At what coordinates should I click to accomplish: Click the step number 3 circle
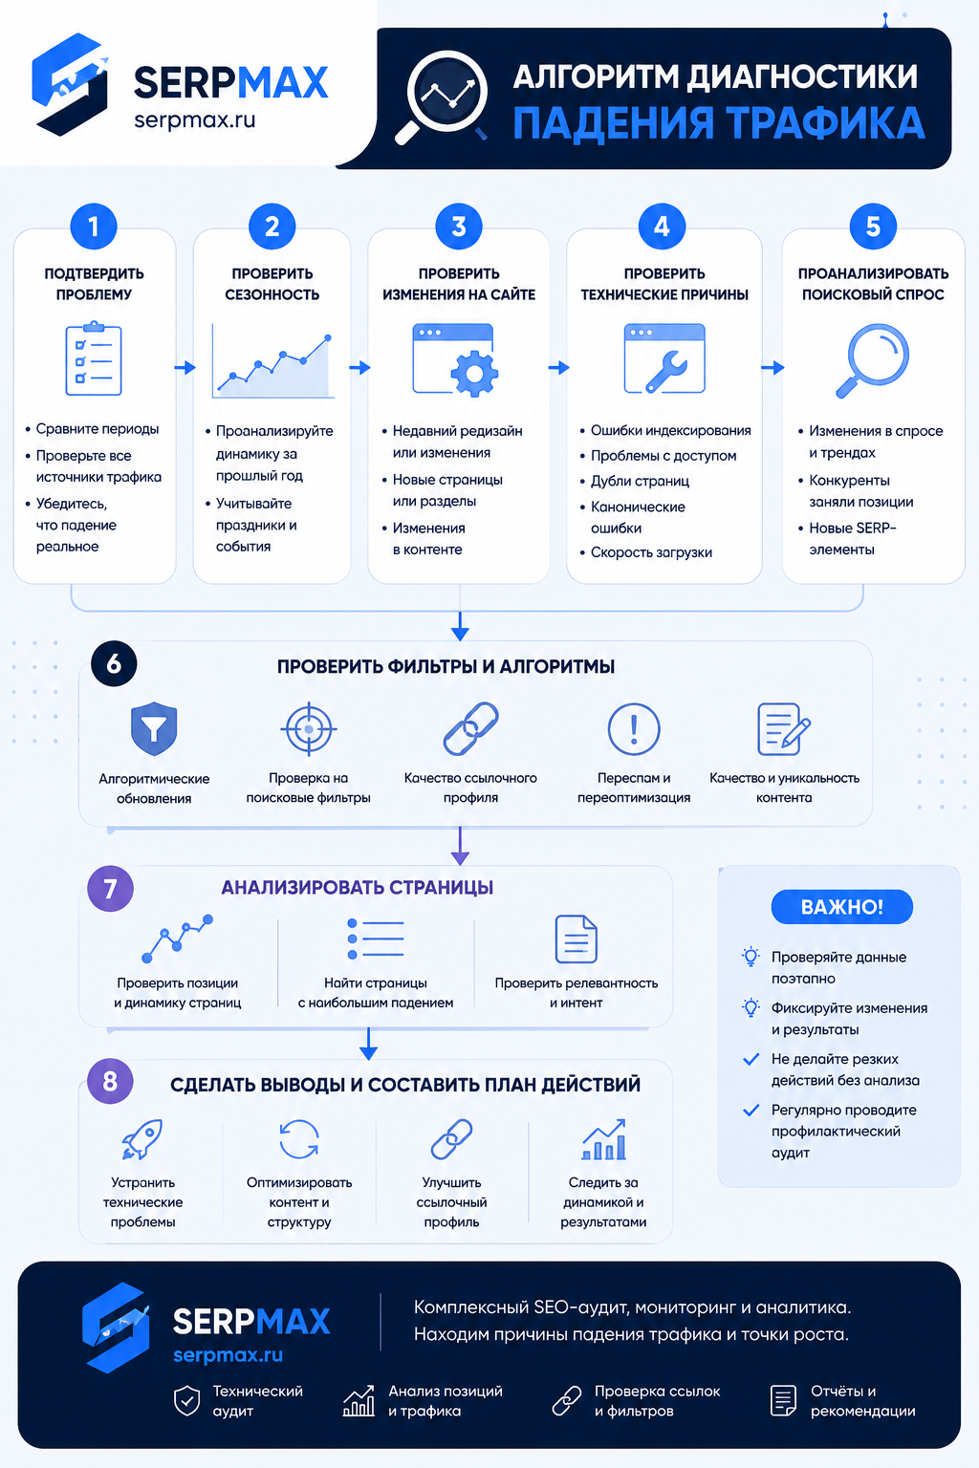pos(458,227)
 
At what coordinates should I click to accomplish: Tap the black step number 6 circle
pos(114,664)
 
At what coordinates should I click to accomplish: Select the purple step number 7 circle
pos(110,889)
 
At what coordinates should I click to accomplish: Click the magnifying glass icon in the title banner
pos(442,97)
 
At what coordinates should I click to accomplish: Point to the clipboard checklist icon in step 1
pos(94,358)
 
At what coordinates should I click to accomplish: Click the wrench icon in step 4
pos(665,371)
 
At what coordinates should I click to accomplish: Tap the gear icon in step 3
pos(474,374)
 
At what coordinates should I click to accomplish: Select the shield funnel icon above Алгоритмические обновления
pos(153,728)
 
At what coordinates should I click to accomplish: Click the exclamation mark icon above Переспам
pos(634,729)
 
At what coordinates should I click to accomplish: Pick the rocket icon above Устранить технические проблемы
pos(142,1139)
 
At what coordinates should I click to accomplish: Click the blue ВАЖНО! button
pos(842,907)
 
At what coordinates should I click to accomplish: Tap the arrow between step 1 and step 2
pos(185,368)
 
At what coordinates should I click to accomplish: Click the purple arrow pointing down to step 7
pos(460,846)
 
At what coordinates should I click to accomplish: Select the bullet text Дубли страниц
pos(640,481)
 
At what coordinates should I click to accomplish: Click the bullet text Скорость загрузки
pos(651,552)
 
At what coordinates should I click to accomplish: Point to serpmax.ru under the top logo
pos(195,119)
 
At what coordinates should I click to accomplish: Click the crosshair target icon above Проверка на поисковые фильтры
pos(309,729)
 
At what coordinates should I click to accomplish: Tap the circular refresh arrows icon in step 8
pos(299,1139)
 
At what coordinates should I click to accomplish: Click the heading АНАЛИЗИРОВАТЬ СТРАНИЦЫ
pos(357,887)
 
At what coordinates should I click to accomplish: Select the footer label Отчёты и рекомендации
pos(862,1400)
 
